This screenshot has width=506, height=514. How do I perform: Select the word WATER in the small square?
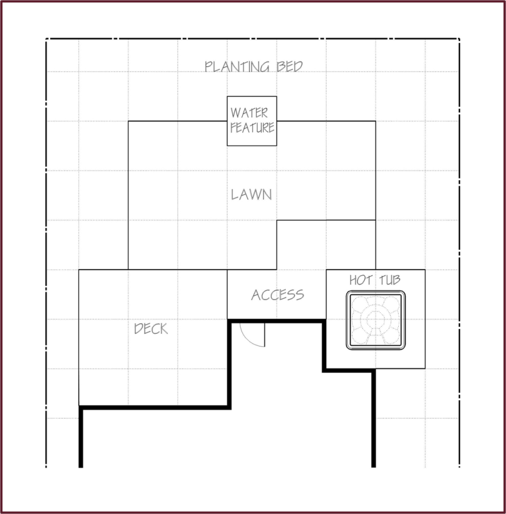(x=249, y=113)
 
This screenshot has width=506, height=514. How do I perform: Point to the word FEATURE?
(x=252, y=127)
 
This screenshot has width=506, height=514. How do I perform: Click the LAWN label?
(x=252, y=195)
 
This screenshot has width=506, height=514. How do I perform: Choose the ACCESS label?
(x=277, y=295)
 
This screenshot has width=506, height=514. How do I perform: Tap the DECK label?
(x=151, y=328)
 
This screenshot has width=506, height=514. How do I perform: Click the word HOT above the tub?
(x=361, y=280)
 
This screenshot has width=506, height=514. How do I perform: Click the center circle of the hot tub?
(x=376, y=319)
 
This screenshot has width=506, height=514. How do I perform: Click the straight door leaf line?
(x=264, y=335)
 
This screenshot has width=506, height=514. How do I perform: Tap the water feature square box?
(x=252, y=97)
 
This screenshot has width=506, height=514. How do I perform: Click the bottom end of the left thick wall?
(x=81, y=467)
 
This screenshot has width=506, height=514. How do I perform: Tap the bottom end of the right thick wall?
(x=373, y=467)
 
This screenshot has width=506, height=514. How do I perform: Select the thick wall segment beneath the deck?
(x=155, y=408)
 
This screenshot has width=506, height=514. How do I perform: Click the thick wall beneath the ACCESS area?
(x=277, y=321)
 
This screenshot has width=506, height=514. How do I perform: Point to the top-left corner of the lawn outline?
(x=128, y=121)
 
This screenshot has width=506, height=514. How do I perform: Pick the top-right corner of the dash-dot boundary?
(x=460, y=39)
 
